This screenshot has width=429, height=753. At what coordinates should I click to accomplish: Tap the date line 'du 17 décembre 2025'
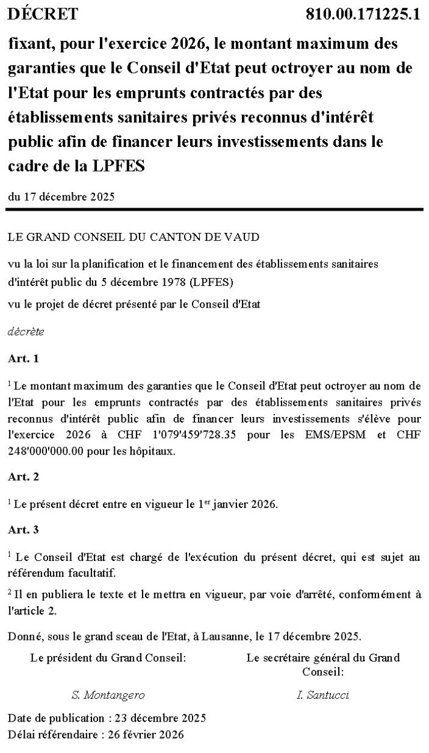(x=61, y=196)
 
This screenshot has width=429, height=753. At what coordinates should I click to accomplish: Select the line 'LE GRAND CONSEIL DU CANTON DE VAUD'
(x=134, y=237)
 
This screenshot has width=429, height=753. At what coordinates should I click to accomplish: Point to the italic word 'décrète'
(x=26, y=331)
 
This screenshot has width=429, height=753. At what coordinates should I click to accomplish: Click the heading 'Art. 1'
(x=23, y=358)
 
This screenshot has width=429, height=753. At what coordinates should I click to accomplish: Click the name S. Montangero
(x=108, y=695)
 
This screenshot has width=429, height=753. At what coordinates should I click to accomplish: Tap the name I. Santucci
(x=323, y=695)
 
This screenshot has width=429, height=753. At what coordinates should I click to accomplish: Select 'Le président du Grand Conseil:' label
(x=108, y=658)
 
